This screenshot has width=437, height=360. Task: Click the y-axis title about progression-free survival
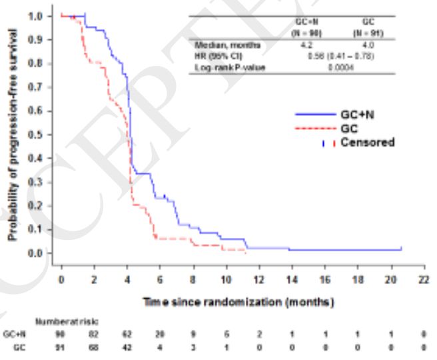coord(13,134)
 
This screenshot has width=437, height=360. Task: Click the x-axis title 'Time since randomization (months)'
coord(237,302)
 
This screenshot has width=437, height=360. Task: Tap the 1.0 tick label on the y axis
coord(37,15)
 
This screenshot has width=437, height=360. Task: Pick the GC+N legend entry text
coord(364,115)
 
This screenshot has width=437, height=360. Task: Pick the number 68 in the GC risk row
coord(94,347)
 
